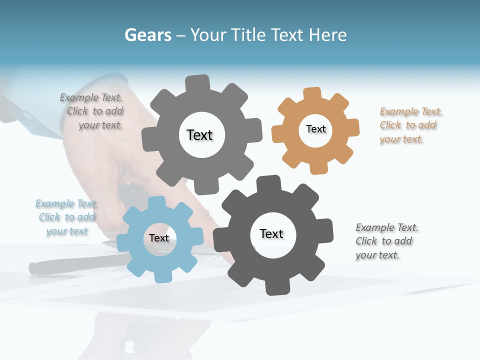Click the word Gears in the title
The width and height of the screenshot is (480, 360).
(147, 35)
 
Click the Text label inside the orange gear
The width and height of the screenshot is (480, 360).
(315, 129)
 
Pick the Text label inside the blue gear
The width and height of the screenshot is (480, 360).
(159, 238)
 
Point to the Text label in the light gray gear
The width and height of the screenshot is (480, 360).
(199, 135)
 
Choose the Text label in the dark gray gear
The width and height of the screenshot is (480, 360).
(271, 233)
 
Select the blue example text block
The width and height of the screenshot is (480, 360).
(67, 217)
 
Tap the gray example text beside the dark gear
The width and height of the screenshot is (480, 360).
(386, 241)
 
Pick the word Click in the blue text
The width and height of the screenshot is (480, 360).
(49, 217)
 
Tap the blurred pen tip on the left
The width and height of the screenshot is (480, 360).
(34, 268)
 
